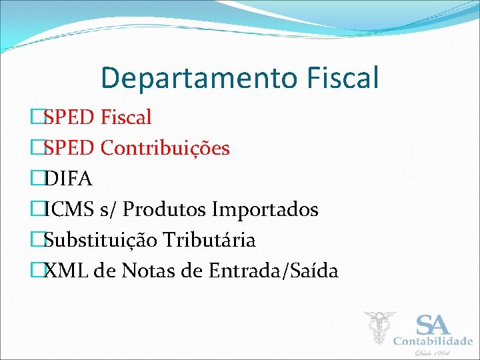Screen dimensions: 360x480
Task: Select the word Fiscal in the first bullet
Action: coord(126,117)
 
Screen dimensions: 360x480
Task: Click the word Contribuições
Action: coord(165,148)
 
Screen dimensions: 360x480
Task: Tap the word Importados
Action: coord(265,209)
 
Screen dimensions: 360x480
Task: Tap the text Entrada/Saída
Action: coord(273,271)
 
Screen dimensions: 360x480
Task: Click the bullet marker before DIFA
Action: coord(37,179)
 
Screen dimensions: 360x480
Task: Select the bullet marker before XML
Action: coord(37,271)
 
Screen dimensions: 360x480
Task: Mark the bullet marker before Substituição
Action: coord(37,240)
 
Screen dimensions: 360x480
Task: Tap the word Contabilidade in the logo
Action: coord(433,341)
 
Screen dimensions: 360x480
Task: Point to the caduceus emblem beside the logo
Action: coord(379,327)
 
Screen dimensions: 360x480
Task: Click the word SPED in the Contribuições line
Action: coord(69,148)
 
